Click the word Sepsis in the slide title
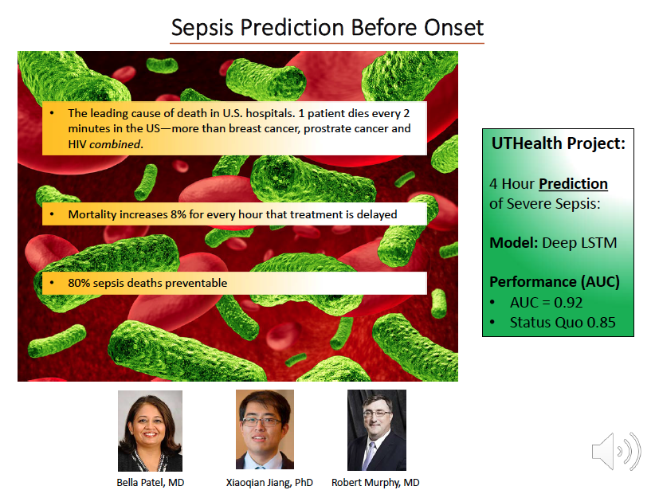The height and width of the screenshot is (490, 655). (202, 29)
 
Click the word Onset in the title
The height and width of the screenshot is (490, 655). (453, 28)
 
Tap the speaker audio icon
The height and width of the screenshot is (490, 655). (616, 451)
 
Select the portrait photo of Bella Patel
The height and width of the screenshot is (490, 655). (150, 431)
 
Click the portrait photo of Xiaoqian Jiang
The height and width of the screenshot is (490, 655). (265, 429)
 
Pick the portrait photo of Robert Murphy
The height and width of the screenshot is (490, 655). (377, 430)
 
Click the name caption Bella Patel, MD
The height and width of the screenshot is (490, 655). (151, 483)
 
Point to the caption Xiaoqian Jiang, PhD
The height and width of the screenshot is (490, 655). (269, 483)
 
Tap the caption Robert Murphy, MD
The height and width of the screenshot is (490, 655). (375, 483)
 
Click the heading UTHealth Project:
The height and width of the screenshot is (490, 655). (558, 143)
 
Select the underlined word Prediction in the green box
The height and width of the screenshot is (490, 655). (573, 184)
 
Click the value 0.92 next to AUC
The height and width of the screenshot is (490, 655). (567, 303)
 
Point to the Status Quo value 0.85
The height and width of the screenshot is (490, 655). (601, 323)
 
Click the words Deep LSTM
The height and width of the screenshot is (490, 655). (579, 243)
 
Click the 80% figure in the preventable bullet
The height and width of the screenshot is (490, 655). (79, 283)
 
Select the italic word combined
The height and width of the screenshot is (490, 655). (115, 144)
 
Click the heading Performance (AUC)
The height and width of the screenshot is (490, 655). (555, 282)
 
